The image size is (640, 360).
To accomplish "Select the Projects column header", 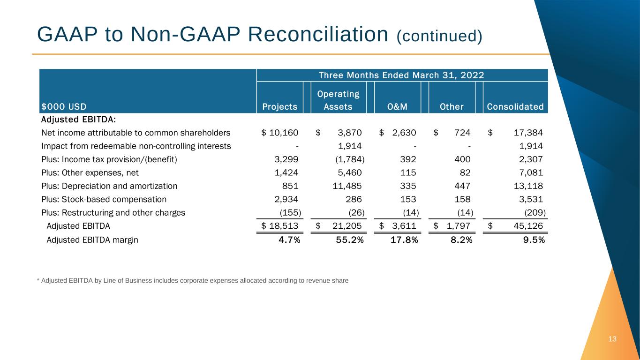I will tap(280, 107).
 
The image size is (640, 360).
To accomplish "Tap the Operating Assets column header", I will tap(338, 100).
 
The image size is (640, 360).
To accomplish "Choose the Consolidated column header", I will tap(515, 107).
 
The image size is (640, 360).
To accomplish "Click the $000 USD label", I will tap(64, 107).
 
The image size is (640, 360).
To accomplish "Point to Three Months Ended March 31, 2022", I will tap(401, 75).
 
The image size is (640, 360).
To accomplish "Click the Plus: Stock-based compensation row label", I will tap(104, 199).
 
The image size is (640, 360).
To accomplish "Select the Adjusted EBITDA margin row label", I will tap(92, 240).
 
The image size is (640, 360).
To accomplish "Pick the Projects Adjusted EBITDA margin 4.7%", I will tap(289, 240).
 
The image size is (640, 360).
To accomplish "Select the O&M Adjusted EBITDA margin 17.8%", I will tap(404, 240).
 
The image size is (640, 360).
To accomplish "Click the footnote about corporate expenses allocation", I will tap(193, 281).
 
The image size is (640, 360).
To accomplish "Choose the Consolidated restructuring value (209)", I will tap(534, 212).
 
